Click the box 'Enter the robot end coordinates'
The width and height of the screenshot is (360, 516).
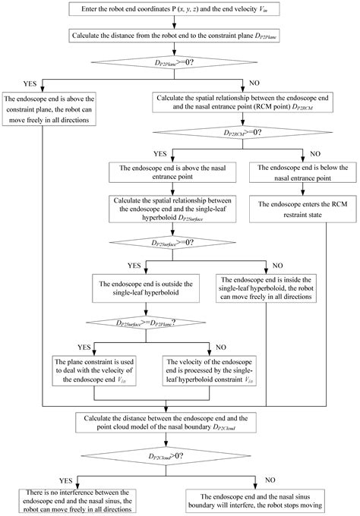point(174,9)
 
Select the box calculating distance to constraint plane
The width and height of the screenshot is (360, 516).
point(174,36)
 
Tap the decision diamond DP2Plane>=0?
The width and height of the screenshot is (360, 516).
point(174,62)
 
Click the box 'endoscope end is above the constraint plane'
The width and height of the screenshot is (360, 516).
point(49,109)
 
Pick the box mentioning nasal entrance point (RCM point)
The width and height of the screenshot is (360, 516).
point(242,102)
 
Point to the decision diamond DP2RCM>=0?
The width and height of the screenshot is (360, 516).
point(242,133)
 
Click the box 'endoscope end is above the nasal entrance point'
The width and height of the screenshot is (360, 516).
point(172,172)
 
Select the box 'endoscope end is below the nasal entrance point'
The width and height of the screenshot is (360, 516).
point(303,172)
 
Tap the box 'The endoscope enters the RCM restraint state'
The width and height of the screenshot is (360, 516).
point(303,209)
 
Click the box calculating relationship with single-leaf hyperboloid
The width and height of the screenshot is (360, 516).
point(172,209)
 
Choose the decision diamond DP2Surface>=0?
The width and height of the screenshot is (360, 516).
point(172,243)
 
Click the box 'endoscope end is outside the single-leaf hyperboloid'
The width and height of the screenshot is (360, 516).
point(146,288)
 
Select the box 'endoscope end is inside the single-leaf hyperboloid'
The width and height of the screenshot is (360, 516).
point(266,288)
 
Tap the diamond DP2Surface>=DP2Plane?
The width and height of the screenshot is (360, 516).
point(146,322)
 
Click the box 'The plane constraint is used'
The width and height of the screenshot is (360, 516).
point(94,370)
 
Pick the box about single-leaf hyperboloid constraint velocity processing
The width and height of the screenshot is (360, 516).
point(209,370)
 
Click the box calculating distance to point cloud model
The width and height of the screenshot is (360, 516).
point(166,423)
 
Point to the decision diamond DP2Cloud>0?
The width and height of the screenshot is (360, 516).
point(166,456)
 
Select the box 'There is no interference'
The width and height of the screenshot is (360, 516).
point(77,501)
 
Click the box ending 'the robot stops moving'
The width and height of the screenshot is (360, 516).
point(255,501)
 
